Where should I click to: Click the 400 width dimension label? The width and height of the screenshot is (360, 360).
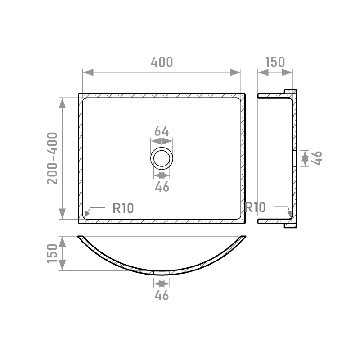click(162, 62)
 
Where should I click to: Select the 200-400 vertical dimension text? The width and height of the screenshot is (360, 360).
click(52, 158)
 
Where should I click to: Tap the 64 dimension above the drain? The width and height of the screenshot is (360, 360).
click(162, 131)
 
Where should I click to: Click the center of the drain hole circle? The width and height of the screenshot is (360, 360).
click(162, 158)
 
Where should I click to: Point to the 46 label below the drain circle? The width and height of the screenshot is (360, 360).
click(162, 187)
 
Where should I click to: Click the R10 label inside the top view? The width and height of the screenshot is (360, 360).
click(123, 208)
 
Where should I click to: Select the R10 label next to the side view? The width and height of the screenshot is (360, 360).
click(255, 207)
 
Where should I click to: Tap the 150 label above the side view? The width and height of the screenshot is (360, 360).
click(275, 62)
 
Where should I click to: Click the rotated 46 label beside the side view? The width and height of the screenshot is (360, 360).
click(317, 158)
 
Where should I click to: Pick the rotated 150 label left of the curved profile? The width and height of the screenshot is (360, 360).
click(52, 253)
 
